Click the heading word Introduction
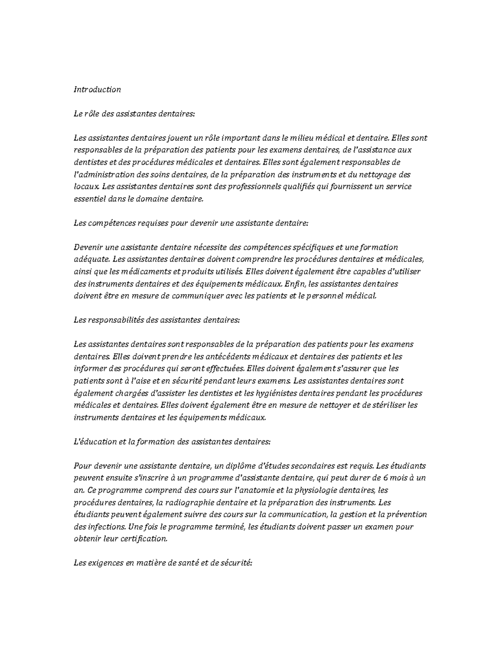[x=97, y=90]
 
